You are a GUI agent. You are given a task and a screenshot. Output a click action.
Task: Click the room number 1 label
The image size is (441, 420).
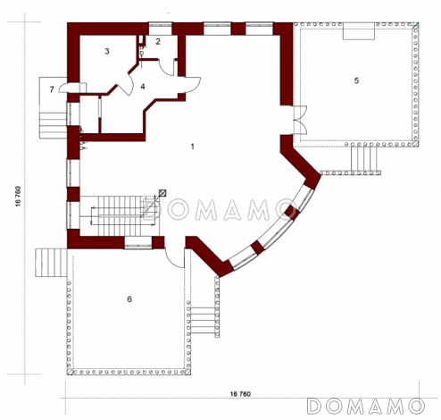[x=193, y=147]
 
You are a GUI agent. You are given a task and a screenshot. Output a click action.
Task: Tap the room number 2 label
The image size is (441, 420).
[x=158, y=41]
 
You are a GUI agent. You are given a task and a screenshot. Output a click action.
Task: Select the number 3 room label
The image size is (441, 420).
[x=107, y=51]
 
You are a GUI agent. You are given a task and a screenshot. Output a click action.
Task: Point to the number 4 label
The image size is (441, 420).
[x=143, y=87]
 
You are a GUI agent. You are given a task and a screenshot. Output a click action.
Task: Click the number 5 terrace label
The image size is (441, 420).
[x=356, y=80]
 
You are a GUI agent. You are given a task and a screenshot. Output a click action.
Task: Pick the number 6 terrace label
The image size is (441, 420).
[x=129, y=299]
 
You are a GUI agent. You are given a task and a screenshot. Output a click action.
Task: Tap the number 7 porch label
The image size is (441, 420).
[x=52, y=89]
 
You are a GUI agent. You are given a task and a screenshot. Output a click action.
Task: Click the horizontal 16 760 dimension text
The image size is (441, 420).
[x=240, y=394]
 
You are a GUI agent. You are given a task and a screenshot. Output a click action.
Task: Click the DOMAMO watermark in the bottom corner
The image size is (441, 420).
[x=367, y=406]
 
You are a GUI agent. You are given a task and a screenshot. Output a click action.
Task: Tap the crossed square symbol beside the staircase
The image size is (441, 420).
[x=163, y=193]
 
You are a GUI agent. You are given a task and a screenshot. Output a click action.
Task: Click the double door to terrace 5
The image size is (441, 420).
[x=300, y=120]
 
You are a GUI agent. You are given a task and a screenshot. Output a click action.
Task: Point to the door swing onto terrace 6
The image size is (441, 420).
[x=174, y=258]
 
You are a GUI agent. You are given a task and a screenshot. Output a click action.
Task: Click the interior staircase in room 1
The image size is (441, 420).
[x=120, y=216]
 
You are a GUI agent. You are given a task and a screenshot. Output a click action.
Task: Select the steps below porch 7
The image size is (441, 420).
[x=53, y=125]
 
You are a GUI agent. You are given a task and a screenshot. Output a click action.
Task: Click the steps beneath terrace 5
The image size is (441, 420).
[x=365, y=159]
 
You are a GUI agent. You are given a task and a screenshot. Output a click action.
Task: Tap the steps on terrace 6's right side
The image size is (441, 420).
[x=203, y=321]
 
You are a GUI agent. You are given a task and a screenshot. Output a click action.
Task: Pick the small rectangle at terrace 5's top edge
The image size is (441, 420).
[x=359, y=30]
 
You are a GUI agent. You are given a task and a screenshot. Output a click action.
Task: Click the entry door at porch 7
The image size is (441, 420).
[x=72, y=88]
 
